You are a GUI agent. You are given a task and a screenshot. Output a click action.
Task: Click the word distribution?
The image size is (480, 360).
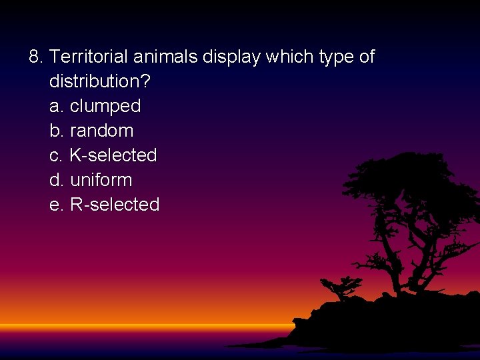[100, 82]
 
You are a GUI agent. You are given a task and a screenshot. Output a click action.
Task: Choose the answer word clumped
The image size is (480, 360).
[105, 107]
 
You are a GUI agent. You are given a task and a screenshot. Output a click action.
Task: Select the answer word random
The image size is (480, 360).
[101, 131]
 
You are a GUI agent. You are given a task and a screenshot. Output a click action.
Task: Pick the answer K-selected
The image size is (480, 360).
[113, 155]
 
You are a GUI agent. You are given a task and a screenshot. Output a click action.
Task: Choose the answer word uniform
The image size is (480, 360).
[101, 180]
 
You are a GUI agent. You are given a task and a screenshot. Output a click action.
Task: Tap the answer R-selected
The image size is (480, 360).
[114, 205]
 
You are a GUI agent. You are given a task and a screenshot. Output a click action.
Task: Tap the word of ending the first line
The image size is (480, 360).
[367, 57]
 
